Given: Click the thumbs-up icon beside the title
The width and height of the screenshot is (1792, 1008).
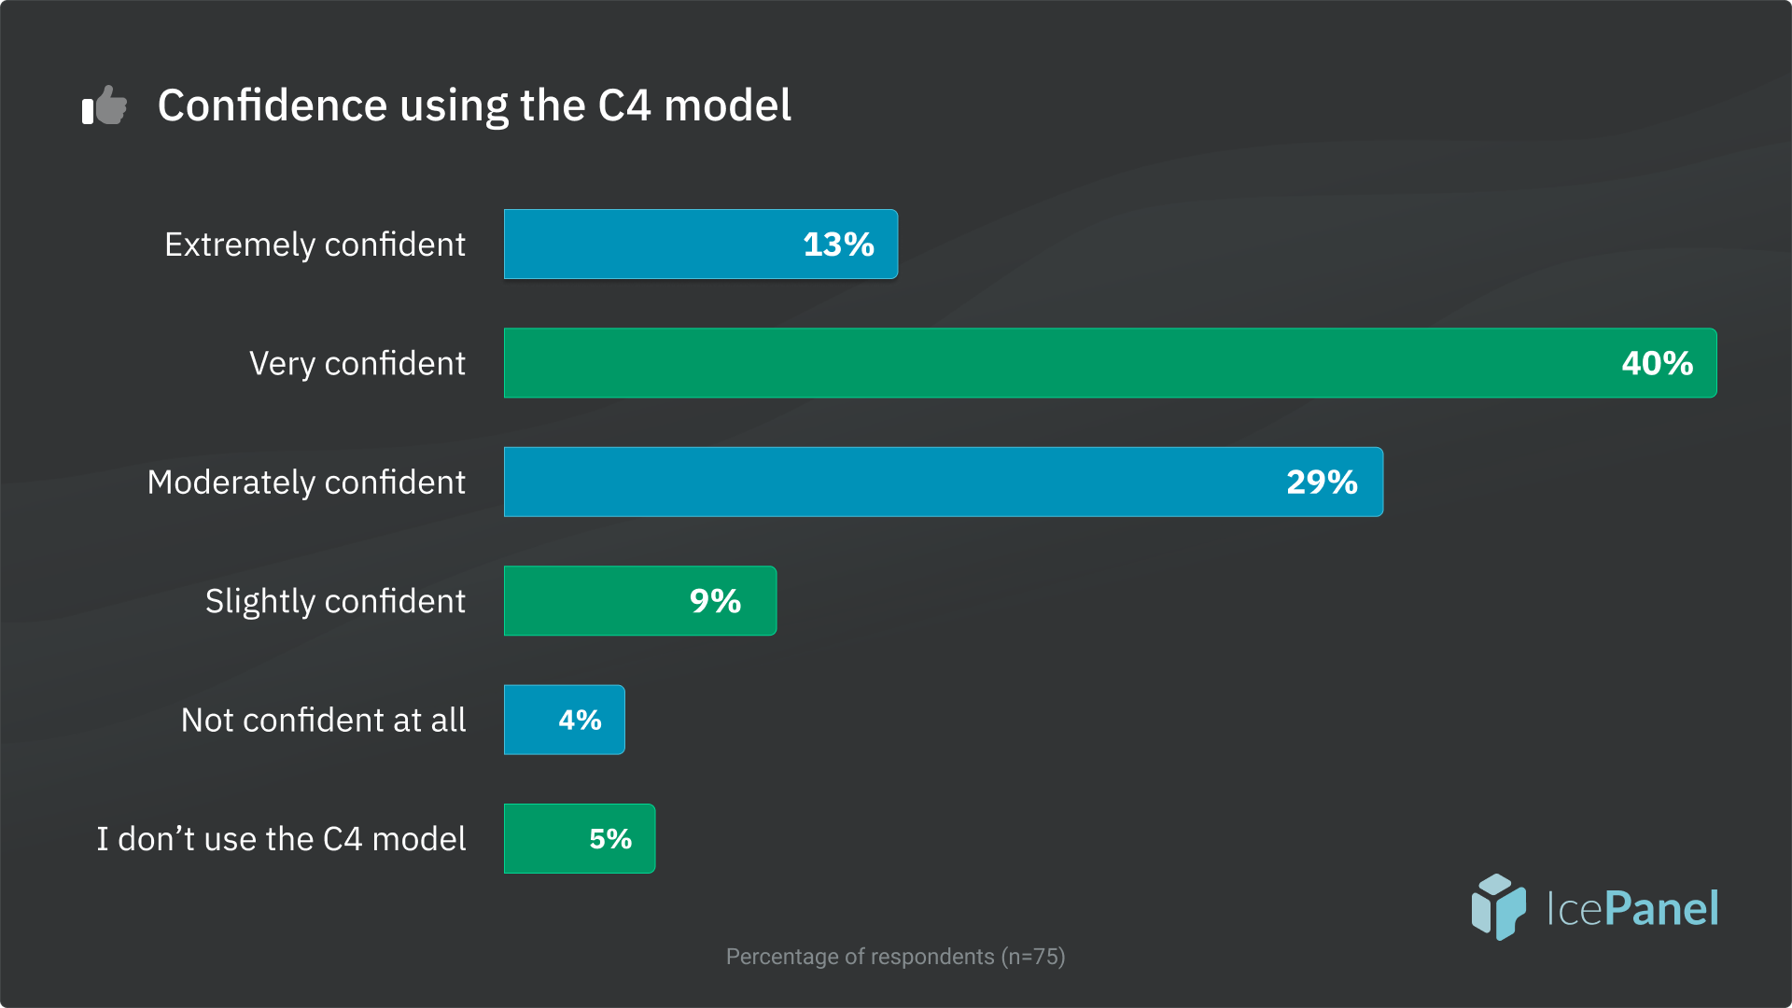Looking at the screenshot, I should (x=105, y=105).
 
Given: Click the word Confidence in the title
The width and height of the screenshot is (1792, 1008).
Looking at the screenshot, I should (x=272, y=105).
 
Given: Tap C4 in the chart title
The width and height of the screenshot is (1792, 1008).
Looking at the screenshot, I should (x=623, y=105).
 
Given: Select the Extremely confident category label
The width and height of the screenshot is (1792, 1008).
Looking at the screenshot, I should (x=315, y=245).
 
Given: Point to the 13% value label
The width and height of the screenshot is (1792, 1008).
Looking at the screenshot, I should (x=838, y=245).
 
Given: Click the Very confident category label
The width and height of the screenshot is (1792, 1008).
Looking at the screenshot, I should (x=357, y=364).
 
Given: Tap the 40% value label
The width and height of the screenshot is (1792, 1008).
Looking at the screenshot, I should (x=1657, y=364).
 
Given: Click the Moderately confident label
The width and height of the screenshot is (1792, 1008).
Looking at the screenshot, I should (x=306, y=483).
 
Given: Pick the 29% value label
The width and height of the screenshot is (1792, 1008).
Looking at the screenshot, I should (x=1322, y=483).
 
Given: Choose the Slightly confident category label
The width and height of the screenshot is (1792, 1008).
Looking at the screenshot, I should (x=335, y=602).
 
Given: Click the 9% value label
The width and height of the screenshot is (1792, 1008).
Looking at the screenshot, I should (x=715, y=601).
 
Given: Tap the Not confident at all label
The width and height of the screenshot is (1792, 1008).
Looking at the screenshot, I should (x=323, y=721).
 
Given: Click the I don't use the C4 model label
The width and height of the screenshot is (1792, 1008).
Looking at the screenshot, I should (x=281, y=839).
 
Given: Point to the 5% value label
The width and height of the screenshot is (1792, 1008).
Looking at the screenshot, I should (x=610, y=839).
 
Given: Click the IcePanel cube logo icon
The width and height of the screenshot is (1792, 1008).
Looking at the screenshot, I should (x=1498, y=906).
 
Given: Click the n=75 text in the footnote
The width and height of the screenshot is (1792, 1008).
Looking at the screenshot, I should (x=1033, y=957).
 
